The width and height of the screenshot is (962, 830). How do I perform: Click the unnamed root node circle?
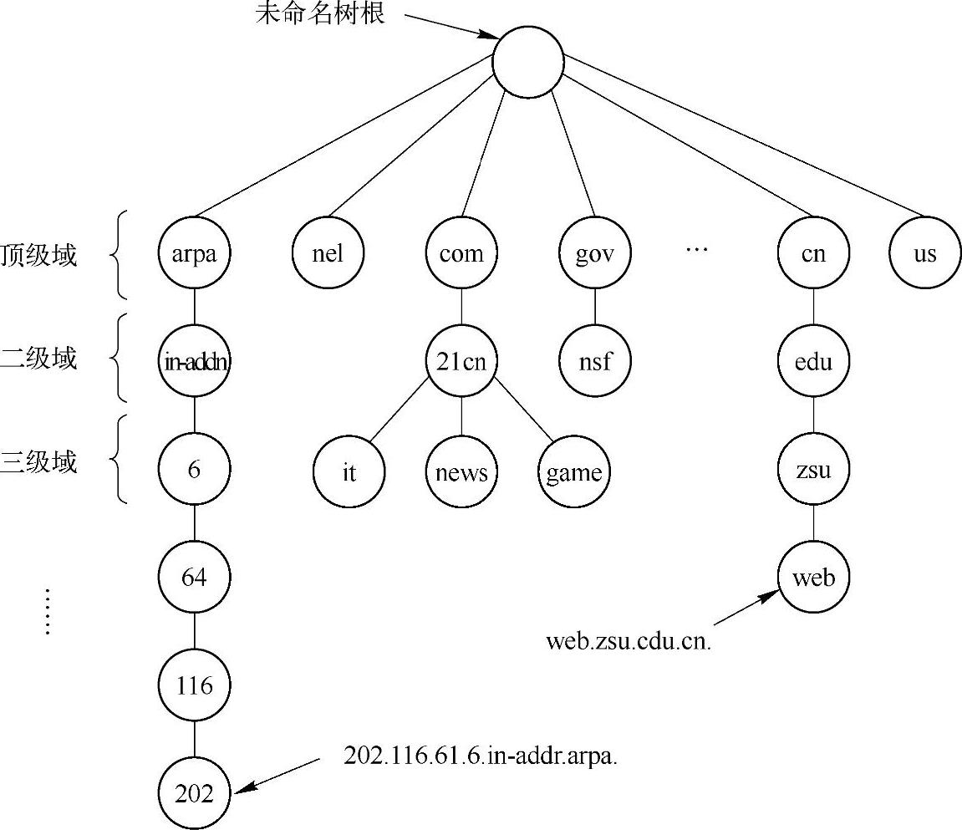pos(527,63)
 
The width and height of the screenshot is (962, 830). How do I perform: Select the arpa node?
pos(194,253)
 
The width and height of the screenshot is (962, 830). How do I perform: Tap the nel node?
pos(328,253)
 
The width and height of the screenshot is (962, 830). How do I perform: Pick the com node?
pos(461,253)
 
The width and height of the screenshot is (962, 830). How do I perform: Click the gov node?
pos(595,253)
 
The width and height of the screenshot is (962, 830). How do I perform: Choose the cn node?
pos(813,253)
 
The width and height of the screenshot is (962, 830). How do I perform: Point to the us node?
pos(924,253)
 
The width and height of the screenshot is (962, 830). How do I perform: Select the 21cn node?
pos(461,361)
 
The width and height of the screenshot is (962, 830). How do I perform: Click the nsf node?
pos(595,361)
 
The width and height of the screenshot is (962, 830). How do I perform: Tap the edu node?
pos(813,361)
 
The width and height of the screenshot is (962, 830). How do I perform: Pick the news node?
pos(461,472)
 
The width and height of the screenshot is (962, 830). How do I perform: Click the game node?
pos(573,472)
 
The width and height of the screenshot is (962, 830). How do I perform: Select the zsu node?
pos(813,470)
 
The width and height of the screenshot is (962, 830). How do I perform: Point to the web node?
pos(813,578)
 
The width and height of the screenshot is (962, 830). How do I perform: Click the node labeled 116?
pos(194,686)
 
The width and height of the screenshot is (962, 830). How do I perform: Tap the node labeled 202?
pos(194,793)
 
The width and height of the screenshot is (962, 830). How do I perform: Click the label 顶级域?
pos(39,254)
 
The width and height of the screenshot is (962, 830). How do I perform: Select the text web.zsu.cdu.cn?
pos(628,642)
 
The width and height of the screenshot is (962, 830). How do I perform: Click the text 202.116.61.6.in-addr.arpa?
pos(481,756)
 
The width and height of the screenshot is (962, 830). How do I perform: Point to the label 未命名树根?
pos(320,15)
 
